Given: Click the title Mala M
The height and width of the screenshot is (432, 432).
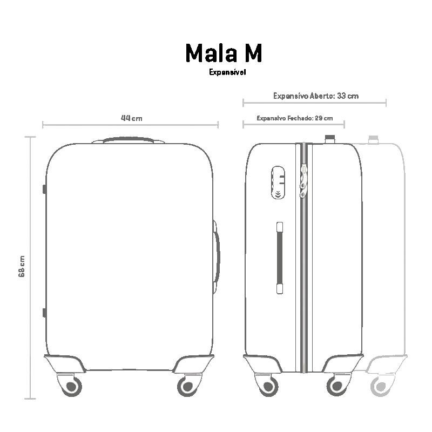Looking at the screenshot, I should coord(224,53).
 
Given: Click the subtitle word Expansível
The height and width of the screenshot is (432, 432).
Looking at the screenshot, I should coord(227,72).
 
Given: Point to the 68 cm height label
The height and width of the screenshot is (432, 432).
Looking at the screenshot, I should coord(22,266).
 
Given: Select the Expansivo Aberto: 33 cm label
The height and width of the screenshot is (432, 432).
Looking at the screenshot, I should coord(315,96).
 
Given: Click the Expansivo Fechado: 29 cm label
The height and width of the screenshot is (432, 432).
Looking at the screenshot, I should coord(294,118).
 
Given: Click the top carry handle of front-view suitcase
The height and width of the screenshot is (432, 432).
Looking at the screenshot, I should coord(129,140).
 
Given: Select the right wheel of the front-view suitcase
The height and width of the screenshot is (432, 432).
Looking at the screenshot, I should coord(187,386).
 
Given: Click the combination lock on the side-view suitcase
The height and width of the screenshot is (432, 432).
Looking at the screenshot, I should coord(278,183).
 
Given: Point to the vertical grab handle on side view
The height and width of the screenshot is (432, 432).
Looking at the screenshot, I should coord(280,257).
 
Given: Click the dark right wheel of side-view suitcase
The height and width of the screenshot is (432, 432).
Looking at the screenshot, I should coord(336,386).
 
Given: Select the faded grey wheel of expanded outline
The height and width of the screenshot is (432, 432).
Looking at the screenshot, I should coord(380,386).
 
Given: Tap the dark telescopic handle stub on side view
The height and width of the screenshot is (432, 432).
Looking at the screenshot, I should coord(329,139).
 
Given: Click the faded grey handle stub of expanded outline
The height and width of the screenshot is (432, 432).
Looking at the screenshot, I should coord(373,139).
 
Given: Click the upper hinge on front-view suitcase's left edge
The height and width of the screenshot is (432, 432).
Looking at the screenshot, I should coord(44,189).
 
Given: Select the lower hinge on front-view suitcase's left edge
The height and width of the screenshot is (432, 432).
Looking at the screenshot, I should coord(44,312).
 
